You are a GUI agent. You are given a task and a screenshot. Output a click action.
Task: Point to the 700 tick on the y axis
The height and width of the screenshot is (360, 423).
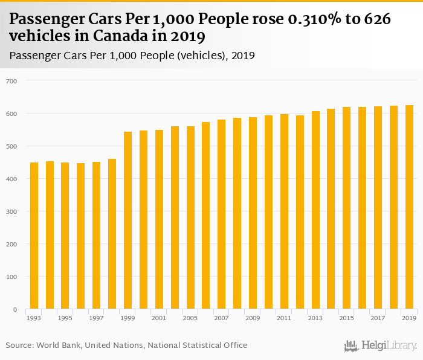pos(12,81)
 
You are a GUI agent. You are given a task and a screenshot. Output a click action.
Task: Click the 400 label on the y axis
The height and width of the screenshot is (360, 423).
pos(12,179)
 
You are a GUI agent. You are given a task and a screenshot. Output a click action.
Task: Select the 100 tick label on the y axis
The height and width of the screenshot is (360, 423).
pos(12,277)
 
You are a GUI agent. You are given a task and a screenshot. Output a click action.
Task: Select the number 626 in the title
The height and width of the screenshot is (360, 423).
pos(379,19)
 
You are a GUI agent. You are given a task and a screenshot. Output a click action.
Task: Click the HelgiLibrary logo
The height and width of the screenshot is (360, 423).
pos(380,346)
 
